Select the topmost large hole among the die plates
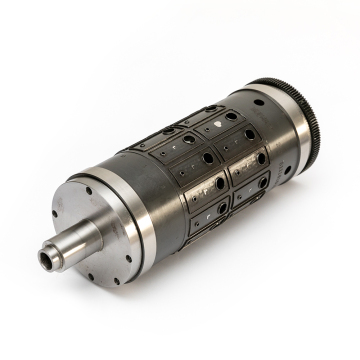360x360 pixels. [231, 116]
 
